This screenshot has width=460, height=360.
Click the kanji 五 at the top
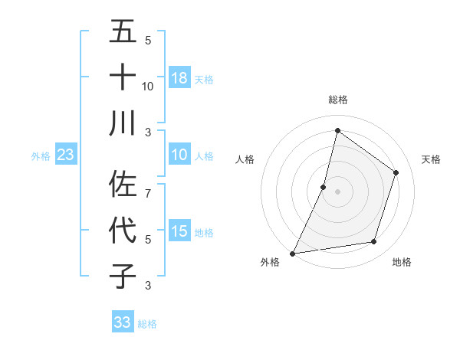click(123, 32)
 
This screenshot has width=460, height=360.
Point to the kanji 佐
click(123, 184)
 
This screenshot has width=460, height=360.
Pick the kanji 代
click(123, 230)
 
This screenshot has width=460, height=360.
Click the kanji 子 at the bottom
click(123, 276)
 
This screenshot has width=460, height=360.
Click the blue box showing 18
click(179, 78)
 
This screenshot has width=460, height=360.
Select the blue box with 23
click(65, 155)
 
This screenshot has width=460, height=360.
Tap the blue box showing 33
click(123, 322)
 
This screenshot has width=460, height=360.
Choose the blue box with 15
click(179, 231)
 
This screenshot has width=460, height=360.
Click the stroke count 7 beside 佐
click(148, 185)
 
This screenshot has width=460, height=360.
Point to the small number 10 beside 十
click(148, 86)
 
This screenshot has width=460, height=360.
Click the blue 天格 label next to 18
click(203, 79)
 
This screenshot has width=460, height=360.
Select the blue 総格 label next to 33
click(147, 324)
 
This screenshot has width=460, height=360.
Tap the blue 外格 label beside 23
click(41, 156)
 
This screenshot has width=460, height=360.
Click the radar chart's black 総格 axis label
click(337, 100)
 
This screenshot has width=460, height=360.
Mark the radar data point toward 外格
click(292, 253)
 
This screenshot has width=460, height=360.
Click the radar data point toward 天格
click(396, 172)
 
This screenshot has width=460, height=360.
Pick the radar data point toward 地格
click(374, 242)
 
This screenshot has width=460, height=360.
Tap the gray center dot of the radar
click(337, 191)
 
